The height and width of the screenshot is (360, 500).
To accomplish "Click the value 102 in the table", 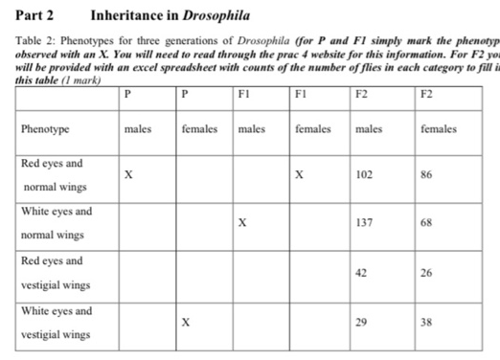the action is [x=363, y=175].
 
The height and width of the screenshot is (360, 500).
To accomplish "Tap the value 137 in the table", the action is [x=363, y=222].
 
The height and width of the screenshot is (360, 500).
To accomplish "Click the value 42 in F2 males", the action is [x=362, y=273].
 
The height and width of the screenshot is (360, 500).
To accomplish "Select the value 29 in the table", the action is [x=361, y=324].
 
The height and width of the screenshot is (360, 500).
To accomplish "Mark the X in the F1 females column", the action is [x=300, y=175].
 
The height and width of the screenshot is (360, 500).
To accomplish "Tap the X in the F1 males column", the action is [x=243, y=222].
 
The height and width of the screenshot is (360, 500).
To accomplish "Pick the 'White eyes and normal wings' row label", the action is [x=57, y=222].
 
